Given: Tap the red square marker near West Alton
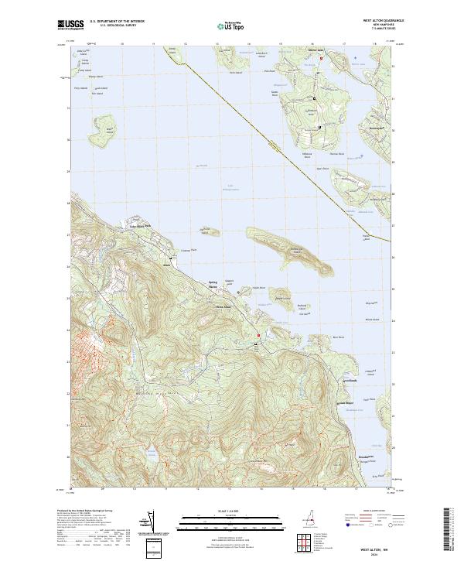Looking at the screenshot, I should click(259, 335).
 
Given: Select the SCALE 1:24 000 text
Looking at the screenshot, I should click(224, 511).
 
